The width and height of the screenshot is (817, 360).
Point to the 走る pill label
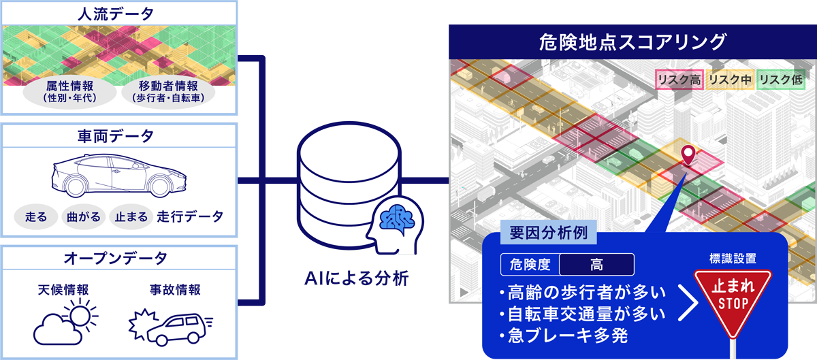point(35,217)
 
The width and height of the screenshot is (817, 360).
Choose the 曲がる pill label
point(83,217)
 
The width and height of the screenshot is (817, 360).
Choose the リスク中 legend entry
point(730,80)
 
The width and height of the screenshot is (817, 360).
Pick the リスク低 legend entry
point(782,80)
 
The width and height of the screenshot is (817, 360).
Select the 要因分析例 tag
point(548,233)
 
